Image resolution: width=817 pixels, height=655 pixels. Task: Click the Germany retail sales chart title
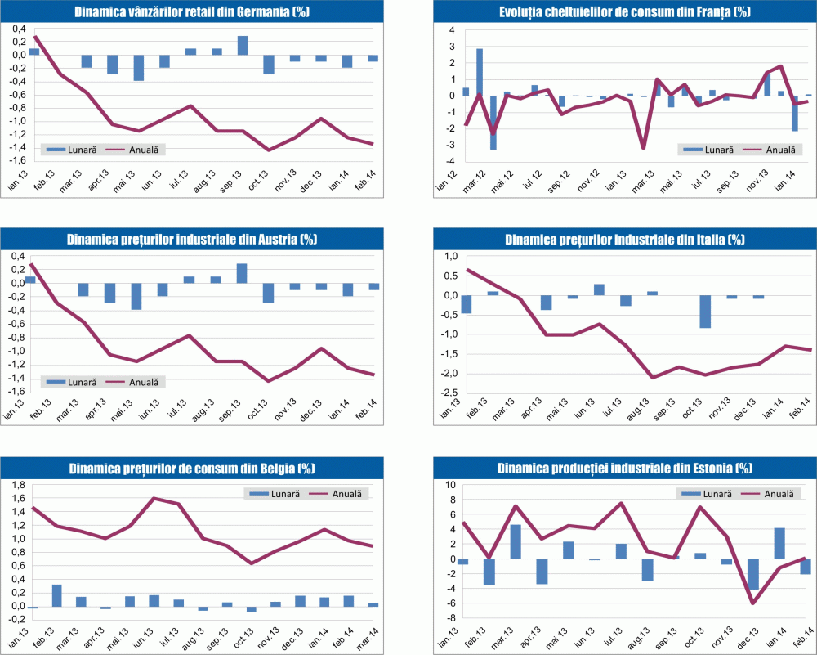click(191, 12)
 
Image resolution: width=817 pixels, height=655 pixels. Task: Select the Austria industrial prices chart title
click(191, 239)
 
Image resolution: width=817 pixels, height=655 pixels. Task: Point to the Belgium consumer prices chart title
click(191, 468)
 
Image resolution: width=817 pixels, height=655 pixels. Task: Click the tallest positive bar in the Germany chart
click(243, 46)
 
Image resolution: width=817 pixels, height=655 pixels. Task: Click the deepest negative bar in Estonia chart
click(753, 574)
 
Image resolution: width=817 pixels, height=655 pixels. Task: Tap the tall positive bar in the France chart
click(480, 72)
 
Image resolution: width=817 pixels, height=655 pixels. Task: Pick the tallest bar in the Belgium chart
click(56, 595)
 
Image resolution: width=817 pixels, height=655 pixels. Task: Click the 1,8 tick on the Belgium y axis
click(16, 486)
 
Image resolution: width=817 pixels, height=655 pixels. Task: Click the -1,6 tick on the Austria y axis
click(14, 392)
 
